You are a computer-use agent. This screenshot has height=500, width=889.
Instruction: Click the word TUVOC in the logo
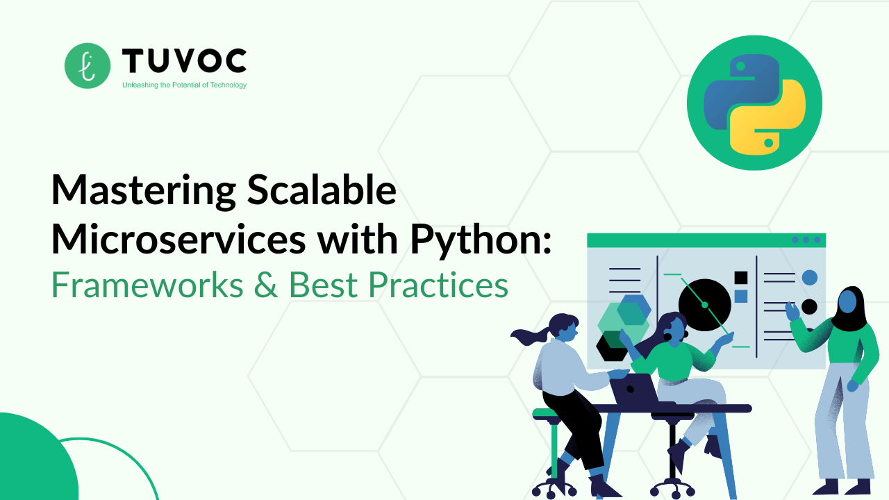184,62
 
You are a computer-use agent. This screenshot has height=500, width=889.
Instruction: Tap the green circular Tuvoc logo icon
88,66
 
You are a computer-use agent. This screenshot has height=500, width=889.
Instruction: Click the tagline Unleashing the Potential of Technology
184,85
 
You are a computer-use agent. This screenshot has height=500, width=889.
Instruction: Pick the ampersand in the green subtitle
266,285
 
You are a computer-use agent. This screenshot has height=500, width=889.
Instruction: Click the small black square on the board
740,278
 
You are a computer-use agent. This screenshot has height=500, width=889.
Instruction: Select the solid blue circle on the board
809,278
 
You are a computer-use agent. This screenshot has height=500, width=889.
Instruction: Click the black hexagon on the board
612,346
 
